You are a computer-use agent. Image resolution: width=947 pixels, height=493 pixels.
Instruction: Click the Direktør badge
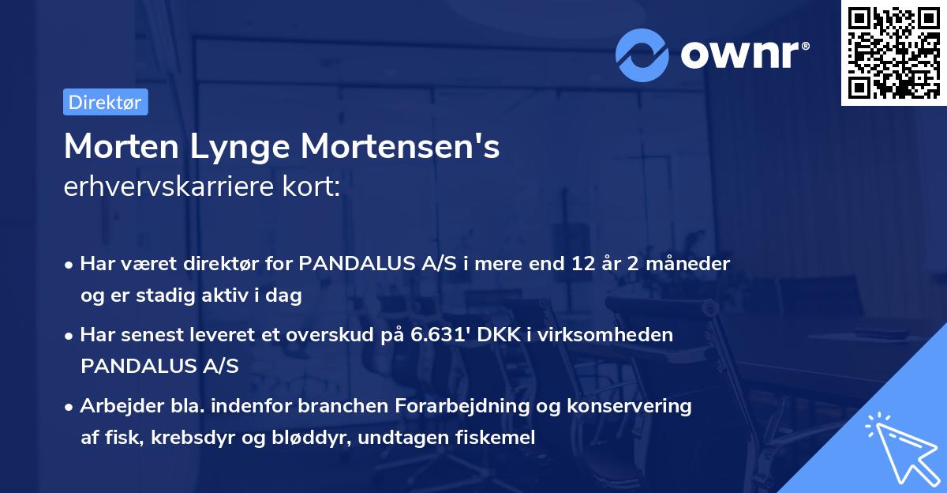[x=105, y=102]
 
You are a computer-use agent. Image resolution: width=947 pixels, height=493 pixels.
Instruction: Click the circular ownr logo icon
[x=642, y=55]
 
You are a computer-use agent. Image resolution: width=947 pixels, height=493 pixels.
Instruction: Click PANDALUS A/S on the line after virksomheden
[x=159, y=366]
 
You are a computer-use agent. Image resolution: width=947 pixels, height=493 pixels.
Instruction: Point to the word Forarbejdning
[x=470, y=406]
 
